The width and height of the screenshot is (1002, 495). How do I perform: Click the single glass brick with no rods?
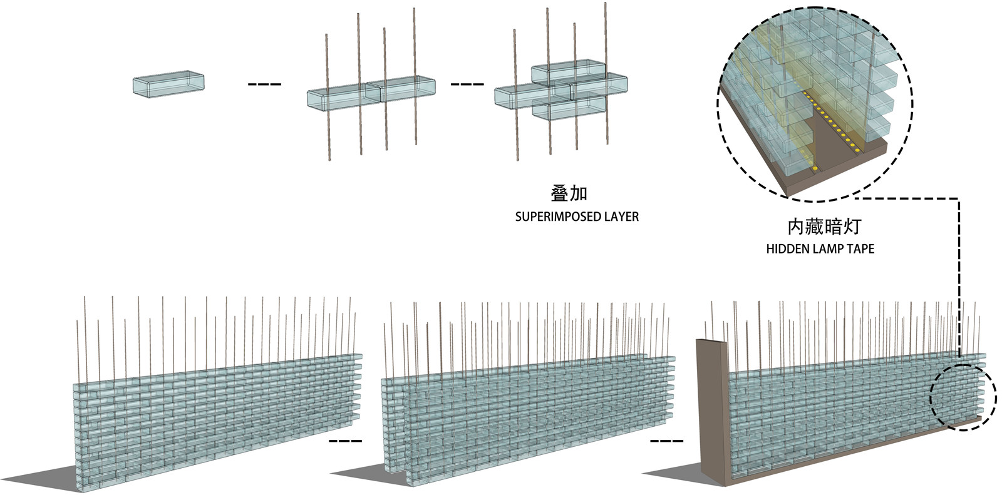168,84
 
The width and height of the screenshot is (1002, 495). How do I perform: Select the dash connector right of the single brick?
264,84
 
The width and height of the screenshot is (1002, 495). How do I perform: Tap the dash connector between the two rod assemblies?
467,84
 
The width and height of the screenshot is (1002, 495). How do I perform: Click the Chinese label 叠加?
569,193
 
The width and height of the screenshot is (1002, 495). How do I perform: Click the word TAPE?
860,249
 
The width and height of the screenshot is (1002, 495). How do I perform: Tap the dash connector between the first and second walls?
345,441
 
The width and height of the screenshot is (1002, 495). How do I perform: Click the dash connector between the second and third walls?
666,441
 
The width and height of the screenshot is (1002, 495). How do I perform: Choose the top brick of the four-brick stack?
568,71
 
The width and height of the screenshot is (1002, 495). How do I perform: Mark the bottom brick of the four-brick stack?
569,110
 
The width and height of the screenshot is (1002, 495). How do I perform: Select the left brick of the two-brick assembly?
341,97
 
